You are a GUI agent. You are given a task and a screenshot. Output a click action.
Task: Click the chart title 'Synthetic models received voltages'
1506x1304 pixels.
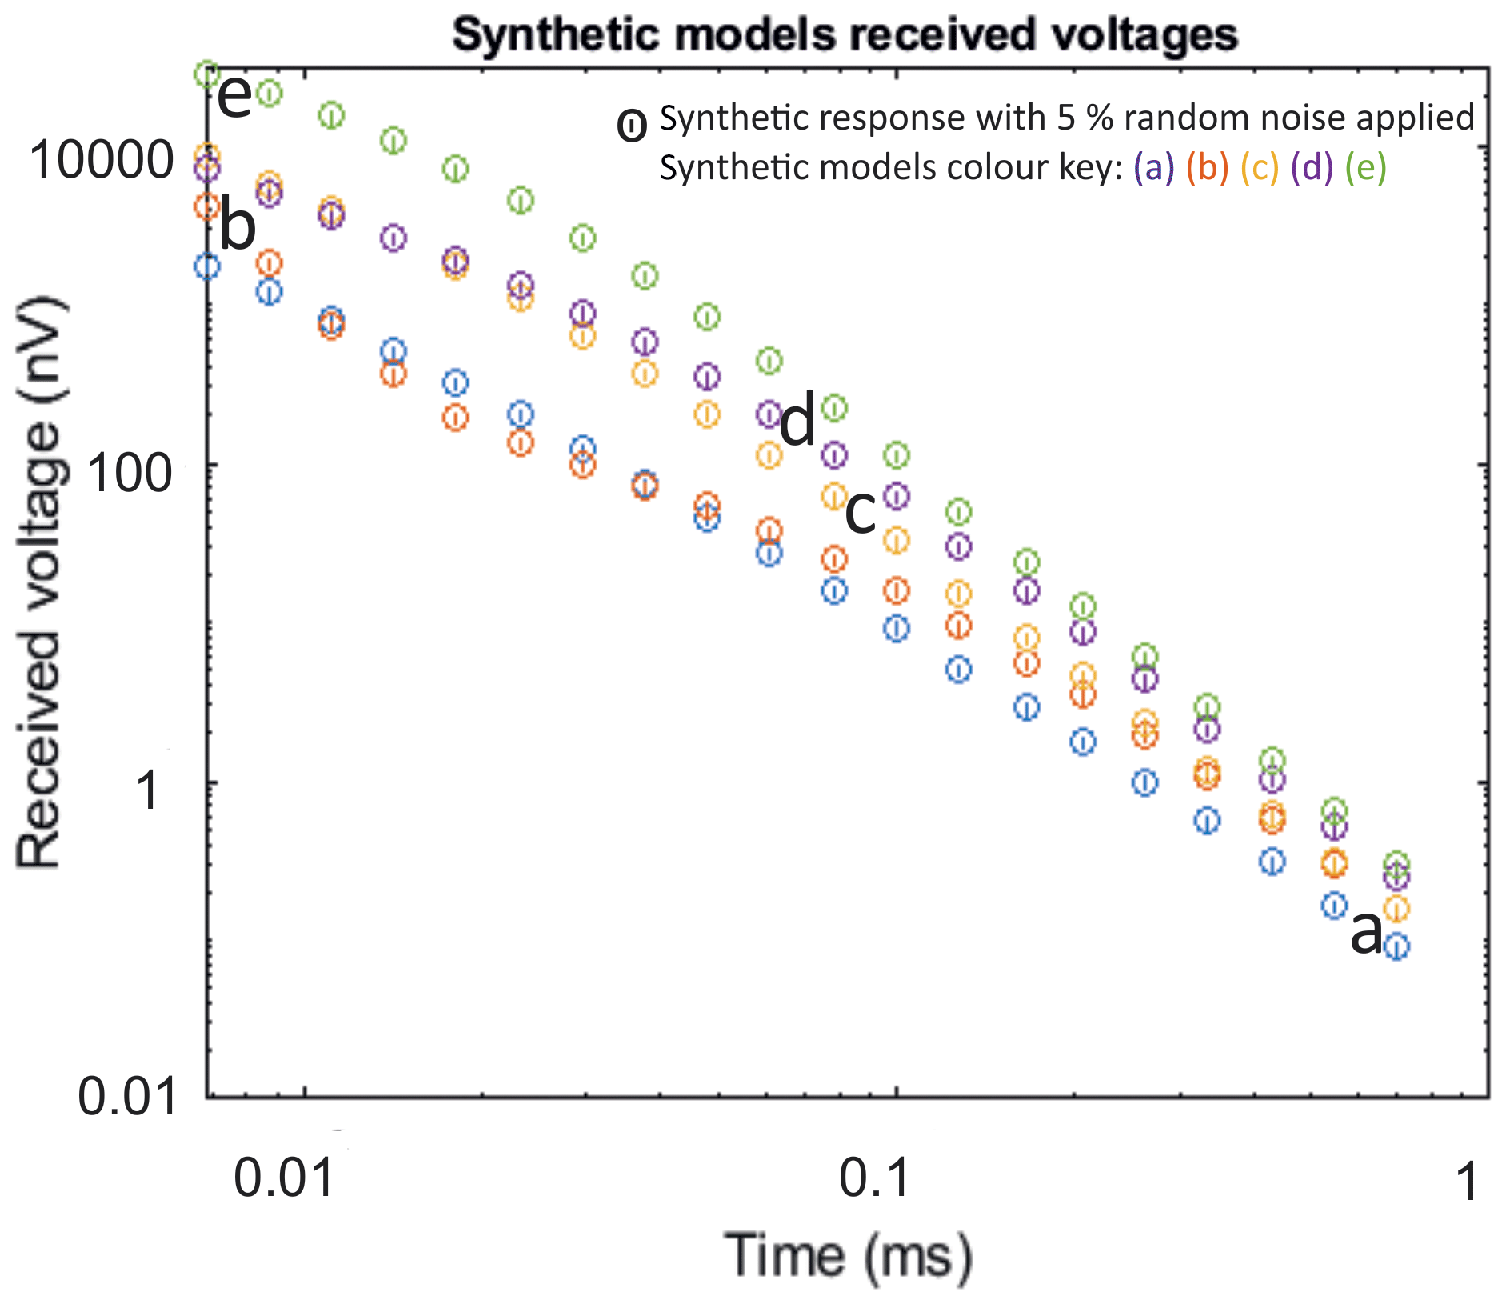click(845, 35)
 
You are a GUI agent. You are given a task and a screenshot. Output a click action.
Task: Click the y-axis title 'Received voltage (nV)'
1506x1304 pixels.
click(39, 582)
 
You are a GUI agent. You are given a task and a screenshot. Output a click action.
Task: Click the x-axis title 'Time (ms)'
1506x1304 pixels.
click(848, 1257)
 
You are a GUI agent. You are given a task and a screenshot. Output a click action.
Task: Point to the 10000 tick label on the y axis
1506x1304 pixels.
click(102, 159)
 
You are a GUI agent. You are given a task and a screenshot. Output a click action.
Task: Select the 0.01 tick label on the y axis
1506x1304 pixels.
click(126, 1096)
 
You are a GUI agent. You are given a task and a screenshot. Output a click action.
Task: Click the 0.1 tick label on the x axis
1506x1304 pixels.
click(875, 1180)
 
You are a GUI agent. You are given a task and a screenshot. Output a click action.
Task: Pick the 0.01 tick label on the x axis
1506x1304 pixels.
click(283, 1180)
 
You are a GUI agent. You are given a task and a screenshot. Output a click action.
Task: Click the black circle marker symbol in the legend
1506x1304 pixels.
click(632, 126)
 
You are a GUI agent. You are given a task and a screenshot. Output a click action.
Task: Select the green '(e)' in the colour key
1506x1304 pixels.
click(1365, 168)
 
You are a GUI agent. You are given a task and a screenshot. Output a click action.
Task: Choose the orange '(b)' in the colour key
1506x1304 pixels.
click(1207, 168)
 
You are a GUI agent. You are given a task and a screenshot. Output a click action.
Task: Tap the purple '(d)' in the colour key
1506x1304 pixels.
click(1312, 168)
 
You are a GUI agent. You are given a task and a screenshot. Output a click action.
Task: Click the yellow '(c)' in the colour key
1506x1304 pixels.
click(1260, 168)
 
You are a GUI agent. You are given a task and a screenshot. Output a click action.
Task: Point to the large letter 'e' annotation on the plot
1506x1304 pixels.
click(234, 97)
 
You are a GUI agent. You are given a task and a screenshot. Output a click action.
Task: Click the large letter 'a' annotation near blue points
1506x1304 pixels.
click(1366, 933)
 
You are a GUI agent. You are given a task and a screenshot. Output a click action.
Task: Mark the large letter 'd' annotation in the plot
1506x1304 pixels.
click(797, 421)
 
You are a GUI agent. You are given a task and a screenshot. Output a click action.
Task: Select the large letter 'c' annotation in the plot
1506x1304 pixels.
click(861, 513)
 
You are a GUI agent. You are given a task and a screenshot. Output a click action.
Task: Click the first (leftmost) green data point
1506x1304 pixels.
click(207, 74)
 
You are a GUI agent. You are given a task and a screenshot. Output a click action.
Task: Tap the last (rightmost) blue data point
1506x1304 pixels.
click(1396, 947)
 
